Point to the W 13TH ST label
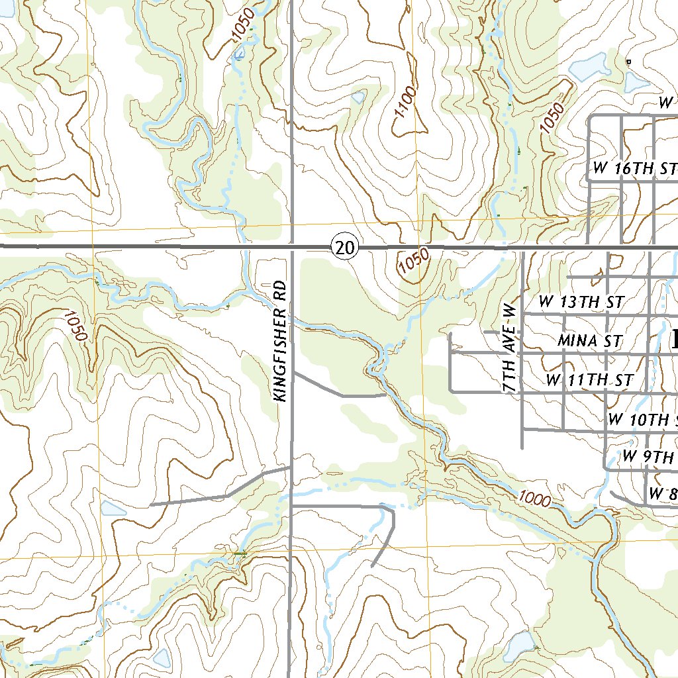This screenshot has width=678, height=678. [581, 302]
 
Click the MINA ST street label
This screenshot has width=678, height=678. [589, 341]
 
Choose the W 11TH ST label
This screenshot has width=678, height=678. [589, 380]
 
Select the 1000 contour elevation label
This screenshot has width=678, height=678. [535, 499]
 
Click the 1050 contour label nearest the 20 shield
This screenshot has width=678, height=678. [414, 262]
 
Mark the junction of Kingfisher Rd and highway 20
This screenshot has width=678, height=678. [292, 247]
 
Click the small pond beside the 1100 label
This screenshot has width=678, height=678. [358, 97]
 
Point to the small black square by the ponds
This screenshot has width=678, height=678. [628, 62]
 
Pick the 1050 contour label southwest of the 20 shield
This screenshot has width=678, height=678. [77, 326]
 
